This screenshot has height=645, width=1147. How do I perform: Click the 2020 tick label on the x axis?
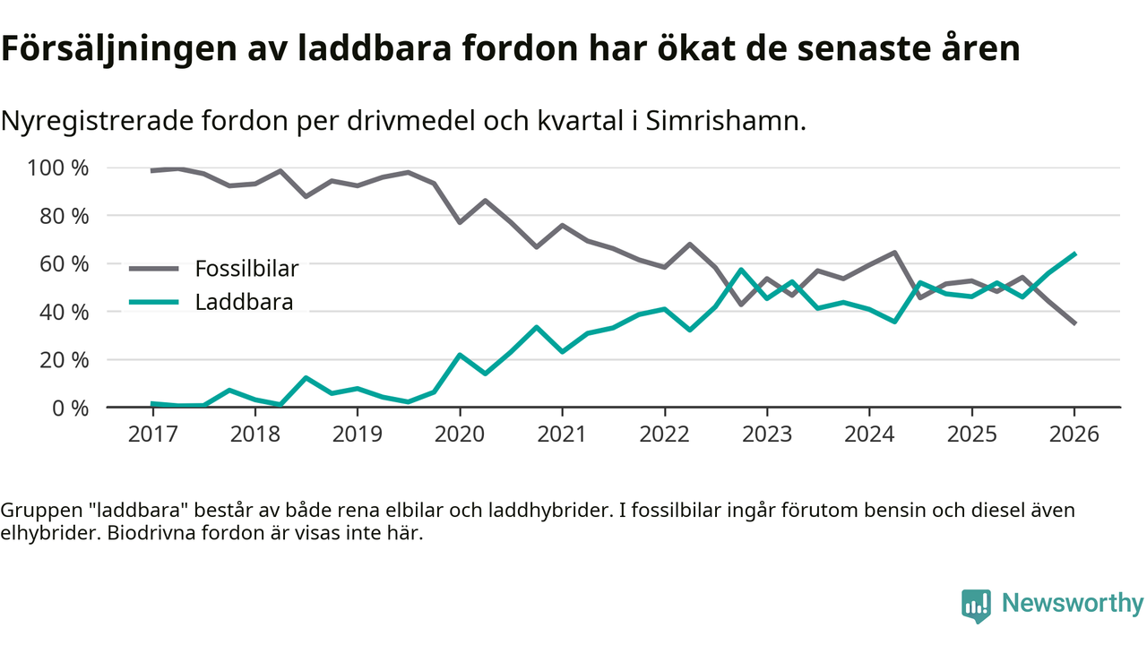pos(460,434)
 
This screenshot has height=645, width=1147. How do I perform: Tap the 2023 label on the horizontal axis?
pos(766,434)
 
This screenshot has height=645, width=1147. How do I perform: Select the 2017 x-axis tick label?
pos(152,434)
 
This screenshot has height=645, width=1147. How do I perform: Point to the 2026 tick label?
pos(1074,434)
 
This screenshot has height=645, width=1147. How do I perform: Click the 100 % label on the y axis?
pos(58,168)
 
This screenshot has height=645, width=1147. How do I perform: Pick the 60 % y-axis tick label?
pos(65,264)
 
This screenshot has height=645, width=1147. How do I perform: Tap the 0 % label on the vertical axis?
pos(70,408)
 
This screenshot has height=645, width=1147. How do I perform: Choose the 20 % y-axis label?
pos(65,360)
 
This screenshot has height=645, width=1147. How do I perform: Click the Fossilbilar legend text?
pos(246,268)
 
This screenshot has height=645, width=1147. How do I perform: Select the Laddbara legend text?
pos(244,302)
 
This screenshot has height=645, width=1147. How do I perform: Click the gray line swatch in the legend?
pos(154,268)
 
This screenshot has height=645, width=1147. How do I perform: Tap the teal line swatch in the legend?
pos(154,302)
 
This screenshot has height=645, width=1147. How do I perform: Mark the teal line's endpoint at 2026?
pos(1074,254)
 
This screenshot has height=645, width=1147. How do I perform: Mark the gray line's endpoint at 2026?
pos(1074,323)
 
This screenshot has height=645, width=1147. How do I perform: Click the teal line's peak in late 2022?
pos(741,270)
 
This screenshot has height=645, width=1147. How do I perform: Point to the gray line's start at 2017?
pos(152,170)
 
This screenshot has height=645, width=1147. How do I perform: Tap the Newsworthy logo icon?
pos(976,605)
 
